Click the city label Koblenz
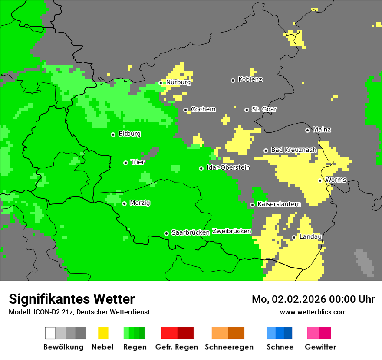click(x=250, y=80)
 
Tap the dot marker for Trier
click(x=125, y=163)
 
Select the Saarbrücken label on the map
click(x=191, y=232)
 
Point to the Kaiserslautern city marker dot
click(x=252, y=205)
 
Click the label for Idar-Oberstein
click(x=228, y=168)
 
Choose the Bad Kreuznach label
click(x=293, y=150)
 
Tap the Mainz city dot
click(x=307, y=130)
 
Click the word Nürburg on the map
click(x=178, y=82)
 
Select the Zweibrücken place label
click(x=231, y=231)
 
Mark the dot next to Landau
click(x=294, y=237)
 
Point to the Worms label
click(x=336, y=180)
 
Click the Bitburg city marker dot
click(x=113, y=134)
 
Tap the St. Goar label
click(x=264, y=109)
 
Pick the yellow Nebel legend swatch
click(x=103, y=333)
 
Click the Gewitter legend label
click(x=320, y=347)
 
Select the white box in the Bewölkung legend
click(x=50, y=333)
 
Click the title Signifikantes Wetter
click(x=72, y=299)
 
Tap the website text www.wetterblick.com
click(x=313, y=312)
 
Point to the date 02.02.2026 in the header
click(x=300, y=299)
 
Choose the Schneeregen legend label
click(x=229, y=347)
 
